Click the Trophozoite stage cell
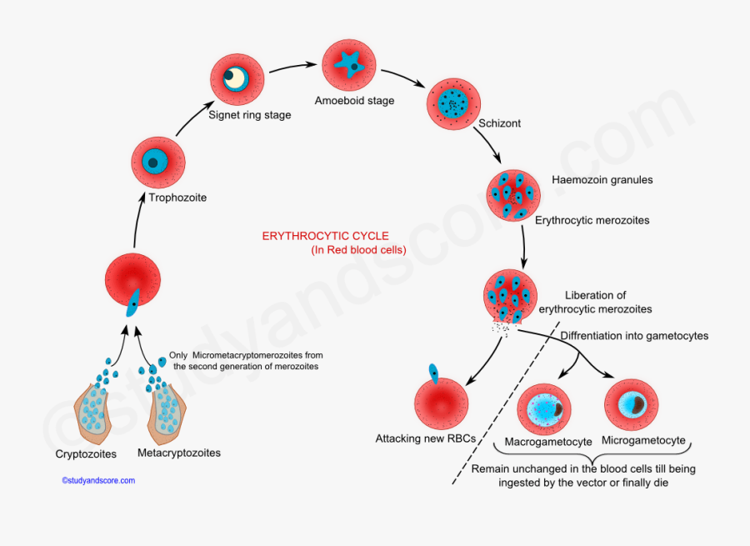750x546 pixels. point(158,163)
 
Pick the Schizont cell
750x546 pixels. point(453,105)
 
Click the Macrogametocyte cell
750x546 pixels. point(544,408)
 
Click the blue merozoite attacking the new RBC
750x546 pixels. point(433,373)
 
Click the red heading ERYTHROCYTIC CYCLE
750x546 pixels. point(326,237)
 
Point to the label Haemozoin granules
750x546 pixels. point(602,180)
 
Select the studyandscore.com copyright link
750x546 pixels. point(98,481)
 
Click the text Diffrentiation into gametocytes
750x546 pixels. point(634,336)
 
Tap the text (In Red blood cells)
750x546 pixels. point(358,249)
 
